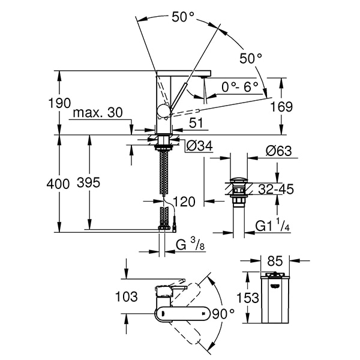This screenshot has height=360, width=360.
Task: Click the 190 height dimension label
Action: click(x=59, y=103)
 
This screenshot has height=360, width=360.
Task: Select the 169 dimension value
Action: click(x=281, y=107)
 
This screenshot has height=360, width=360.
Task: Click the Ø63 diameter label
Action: click(x=277, y=151)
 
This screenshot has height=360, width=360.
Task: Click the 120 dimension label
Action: click(x=184, y=202)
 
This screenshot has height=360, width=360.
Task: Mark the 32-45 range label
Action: click(x=275, y=190)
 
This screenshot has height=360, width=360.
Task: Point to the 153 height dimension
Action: click(x=248, y=298)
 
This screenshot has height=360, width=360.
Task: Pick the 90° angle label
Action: click(x=224, y=313)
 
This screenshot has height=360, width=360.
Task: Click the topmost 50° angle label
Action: click(x=183, y=17)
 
